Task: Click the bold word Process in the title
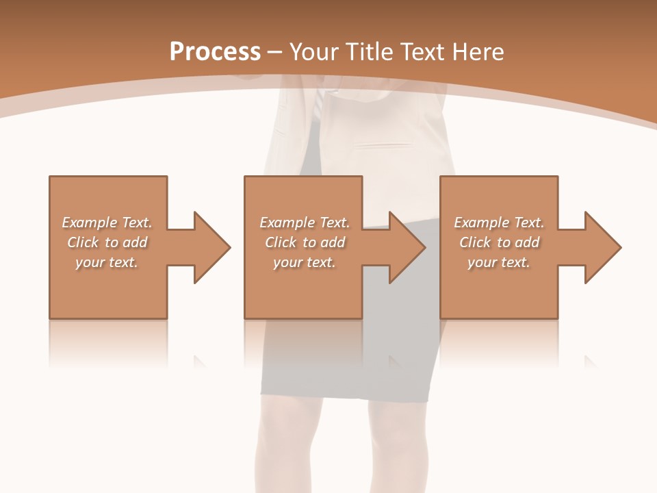click(x=215, y=52)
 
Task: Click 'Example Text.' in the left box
click(x=107, y=223)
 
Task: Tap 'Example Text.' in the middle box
click(x=304, y=223)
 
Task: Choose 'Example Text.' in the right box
click(x=499, y=223)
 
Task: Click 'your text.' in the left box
click(x=107, y=262)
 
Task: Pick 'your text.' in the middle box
click(x=304, y=262)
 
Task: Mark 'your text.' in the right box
click(x=499, y=262)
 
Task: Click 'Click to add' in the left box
click(x=107, y=242)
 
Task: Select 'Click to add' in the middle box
click(x=304, y=242)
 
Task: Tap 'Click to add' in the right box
click(x=499, y=242)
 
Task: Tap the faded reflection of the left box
click(x=107, y=342)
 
